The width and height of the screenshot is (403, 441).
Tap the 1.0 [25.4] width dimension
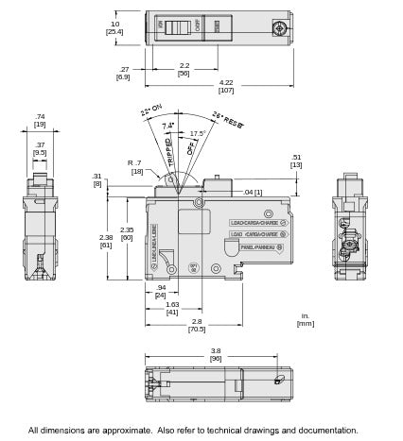[115, 27]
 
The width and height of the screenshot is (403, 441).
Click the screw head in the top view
[278, 28]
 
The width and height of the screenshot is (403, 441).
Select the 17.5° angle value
[197, 133]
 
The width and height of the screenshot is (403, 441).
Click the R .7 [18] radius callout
[135, 167]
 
